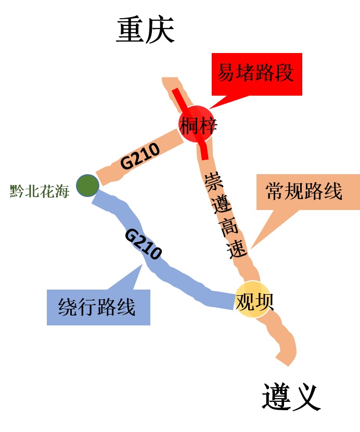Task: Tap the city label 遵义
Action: click(x=289, y=398)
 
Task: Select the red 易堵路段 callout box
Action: click(x=256, y=73)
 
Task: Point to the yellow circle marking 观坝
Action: click(x=253, y=300)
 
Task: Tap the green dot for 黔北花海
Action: click(x=87, y=185)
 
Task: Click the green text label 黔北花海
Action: click(x=40, y=191)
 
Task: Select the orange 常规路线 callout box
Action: click(x=307, y=191)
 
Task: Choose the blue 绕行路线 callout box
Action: click(x=98, y=307)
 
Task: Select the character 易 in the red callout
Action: click(x=227, y=73)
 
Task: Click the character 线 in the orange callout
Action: click(x=333, y=191)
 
